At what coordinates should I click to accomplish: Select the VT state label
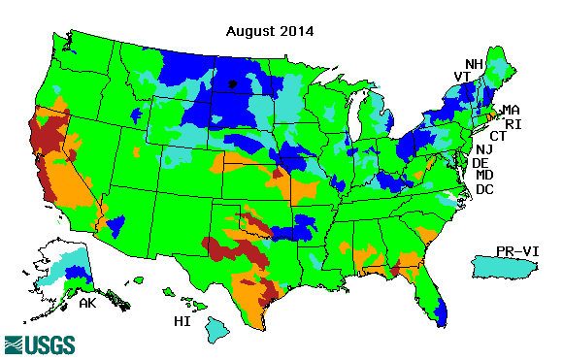point(463,77)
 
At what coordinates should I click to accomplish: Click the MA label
point(511,110)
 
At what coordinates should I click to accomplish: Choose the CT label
point(499,136)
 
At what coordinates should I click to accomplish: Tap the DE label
point(480,163)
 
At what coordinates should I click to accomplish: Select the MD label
point(485,176)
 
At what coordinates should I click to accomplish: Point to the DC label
point(484,189)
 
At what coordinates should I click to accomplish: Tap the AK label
point(87,303)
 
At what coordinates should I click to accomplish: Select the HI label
point(182,320)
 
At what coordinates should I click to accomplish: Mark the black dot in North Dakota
point(232,84)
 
